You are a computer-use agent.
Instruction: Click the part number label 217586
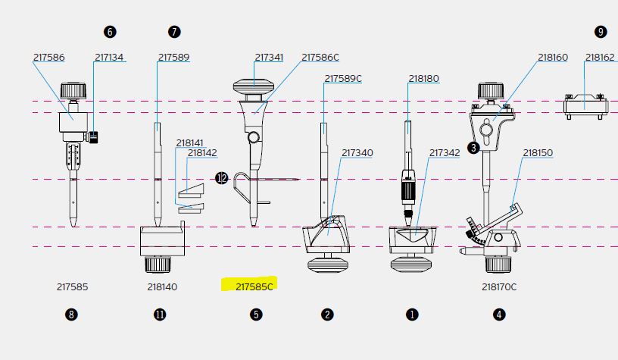point(48,58)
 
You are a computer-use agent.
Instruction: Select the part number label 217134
point(109,58)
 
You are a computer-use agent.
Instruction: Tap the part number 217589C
point(343,79)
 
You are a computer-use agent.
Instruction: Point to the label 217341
point(269,58)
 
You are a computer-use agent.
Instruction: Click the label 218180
point(423,79)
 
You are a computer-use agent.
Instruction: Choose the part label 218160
point(552,58)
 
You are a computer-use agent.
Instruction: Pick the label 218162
point(600,58)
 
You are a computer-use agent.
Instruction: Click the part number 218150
point(538,153)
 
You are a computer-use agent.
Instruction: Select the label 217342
point(445,153)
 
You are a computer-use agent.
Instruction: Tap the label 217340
point(357,153)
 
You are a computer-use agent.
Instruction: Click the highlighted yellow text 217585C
point(254,286)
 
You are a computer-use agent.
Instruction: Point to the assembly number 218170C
point(498,287)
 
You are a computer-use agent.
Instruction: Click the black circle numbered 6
point(111,32)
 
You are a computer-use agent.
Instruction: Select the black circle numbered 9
point(601,32)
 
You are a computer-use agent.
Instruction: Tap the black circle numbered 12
point(221,178)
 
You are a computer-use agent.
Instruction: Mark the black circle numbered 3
point(473,148)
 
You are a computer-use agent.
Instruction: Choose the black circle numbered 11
point(160,315)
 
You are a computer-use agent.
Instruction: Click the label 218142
point(202,153)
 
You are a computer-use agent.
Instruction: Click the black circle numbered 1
point(413,315)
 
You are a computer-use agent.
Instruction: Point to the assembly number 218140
point(162,287)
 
